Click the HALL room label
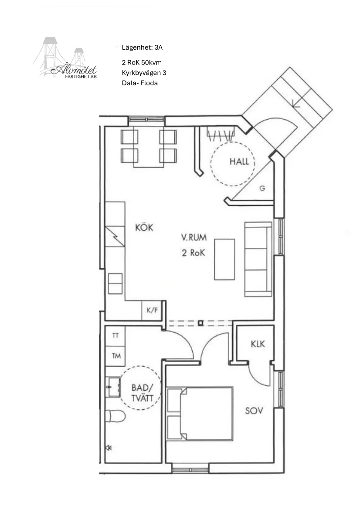(x=239, y=162)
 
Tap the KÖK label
(x=144, y=227)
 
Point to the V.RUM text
(x=194, y=238)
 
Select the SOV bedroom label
(x=254, y=411)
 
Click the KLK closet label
(x=258, y=344)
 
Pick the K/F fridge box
(x=152, y=310)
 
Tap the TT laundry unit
(x=115, y=336)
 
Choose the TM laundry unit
(x=115, y=356)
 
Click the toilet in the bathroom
(x=115, y=416)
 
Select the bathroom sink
(x=113, y=387)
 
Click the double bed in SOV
(x=200, y=413)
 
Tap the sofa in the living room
(x=258, y=259)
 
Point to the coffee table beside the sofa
(x=224, y=260)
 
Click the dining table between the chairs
(x=149, y=147)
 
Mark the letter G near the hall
(x=262, y=188)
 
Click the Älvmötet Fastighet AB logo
(x=65, y=58)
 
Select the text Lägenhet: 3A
(x=142, y=47)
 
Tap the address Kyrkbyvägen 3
(x=144, y=73)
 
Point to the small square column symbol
(x=201, y=323)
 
